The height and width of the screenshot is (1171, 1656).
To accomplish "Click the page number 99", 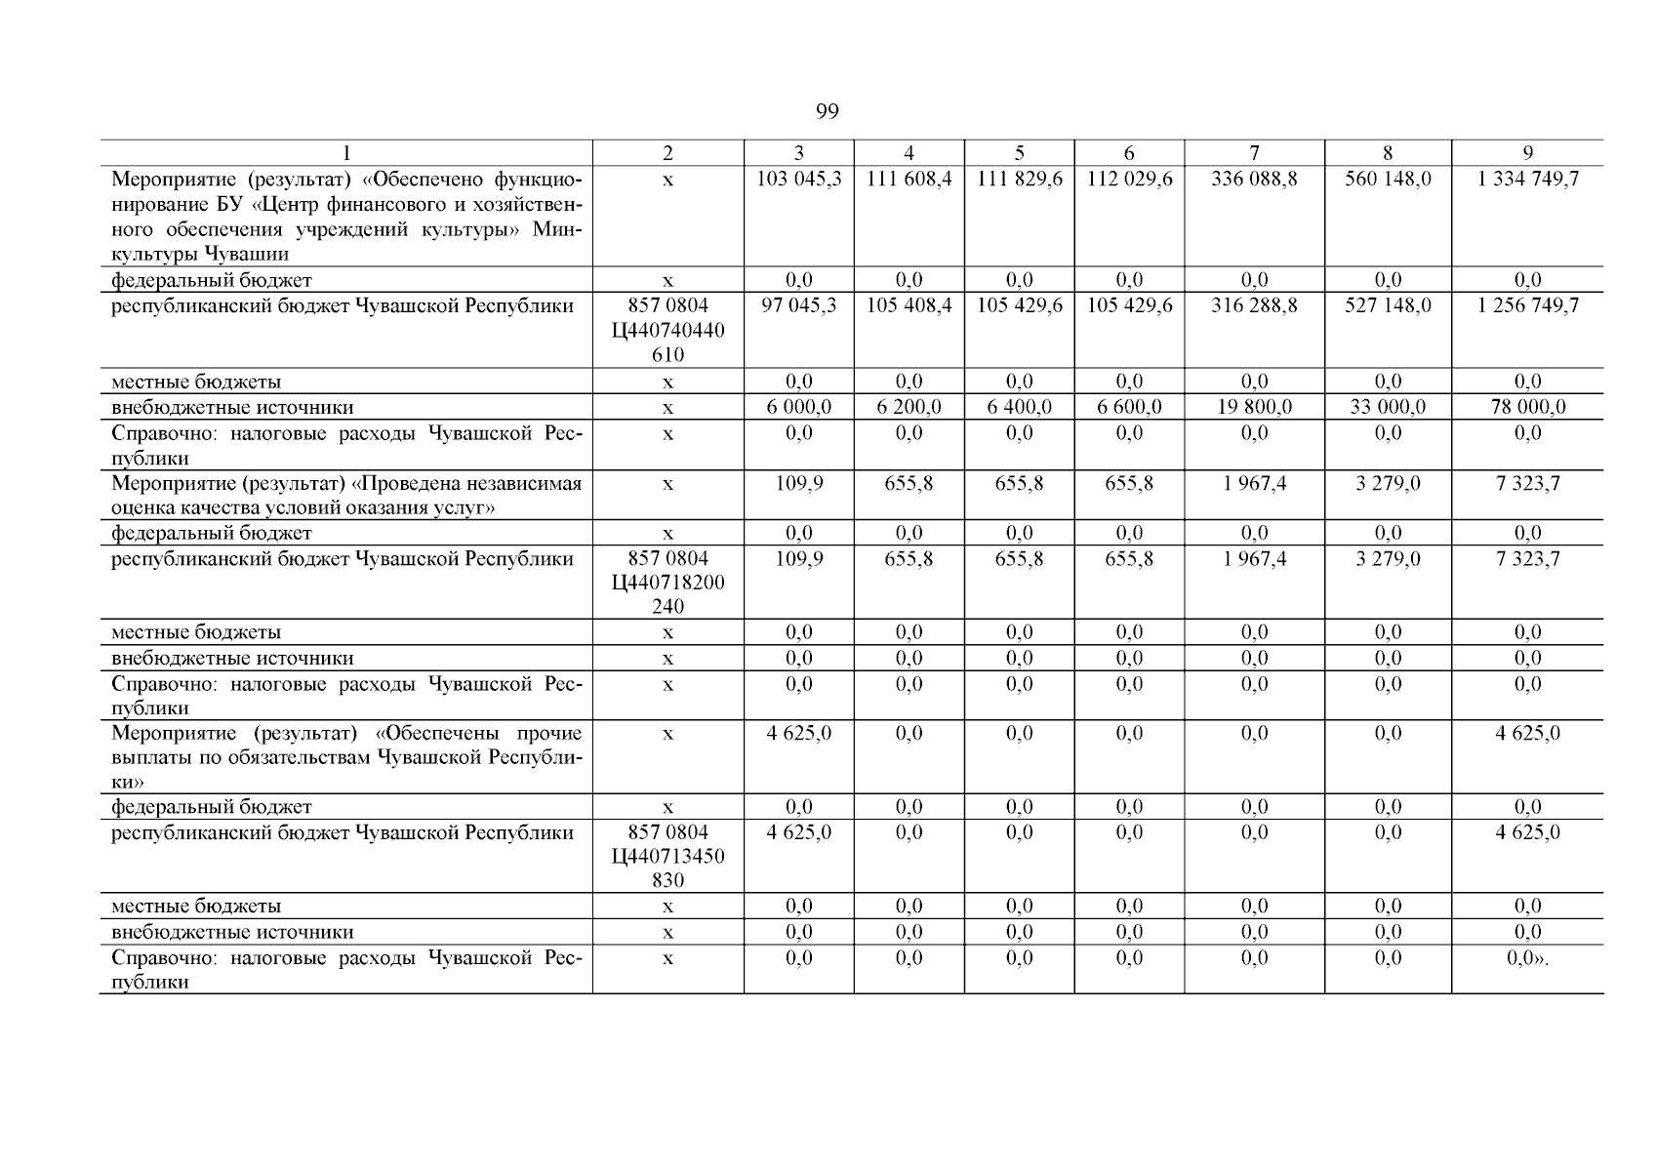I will pyautogui.click(x=827, y=111).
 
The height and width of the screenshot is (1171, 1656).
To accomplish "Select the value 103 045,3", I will pyautogui.click(x=799, y=180).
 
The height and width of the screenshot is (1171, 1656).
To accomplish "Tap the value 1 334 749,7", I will pyautogui.click(x=1527, y=180).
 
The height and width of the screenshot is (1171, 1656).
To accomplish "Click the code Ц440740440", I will pyautogui.click(x=668, y=331).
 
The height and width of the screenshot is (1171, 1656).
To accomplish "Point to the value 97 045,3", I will pyautogui.click(x=799, y=305).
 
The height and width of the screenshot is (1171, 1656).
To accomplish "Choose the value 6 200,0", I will pyautogui.click(x=909, y=407).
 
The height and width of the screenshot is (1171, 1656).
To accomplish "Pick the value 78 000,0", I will pyautogui.click(x=1527, y=407).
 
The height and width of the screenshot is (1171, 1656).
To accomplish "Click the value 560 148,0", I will pyautogui.click(x=1388, y=180).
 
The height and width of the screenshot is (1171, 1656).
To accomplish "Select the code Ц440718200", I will pyautogui.click(x=668, y=583).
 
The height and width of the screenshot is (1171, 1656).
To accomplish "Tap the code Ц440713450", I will pyautogui.click(x=668, y=857).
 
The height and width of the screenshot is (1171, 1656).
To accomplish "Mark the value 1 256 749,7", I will pyautogui.click(x=1527, y=305).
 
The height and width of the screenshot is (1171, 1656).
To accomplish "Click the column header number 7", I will pyautogui.click(x=1254, y=153).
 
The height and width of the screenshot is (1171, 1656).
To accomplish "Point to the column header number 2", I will pyautogui.click(x=667, y=153).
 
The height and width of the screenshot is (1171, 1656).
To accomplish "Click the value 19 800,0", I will pyautogui.click(x=1254, y=407).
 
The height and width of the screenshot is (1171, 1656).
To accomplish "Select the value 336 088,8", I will pyautogui.click(x=1254, y=180).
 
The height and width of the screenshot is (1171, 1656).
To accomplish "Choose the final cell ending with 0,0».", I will pyautogui.click(x=1528, y=958).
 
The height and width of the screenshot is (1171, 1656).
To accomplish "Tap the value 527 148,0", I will pyautogui.click(x=1388, y=305).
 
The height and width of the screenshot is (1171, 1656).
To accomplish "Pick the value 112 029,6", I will pyautogui.click(x=1129, y=180).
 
